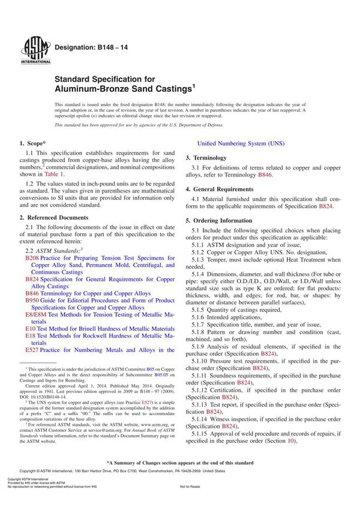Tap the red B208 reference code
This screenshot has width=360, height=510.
coord(32,257)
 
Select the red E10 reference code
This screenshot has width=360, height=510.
coord(30,329)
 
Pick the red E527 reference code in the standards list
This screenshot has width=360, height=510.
coord(32,349)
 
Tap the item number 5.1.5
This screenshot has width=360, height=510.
coord(200,310)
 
